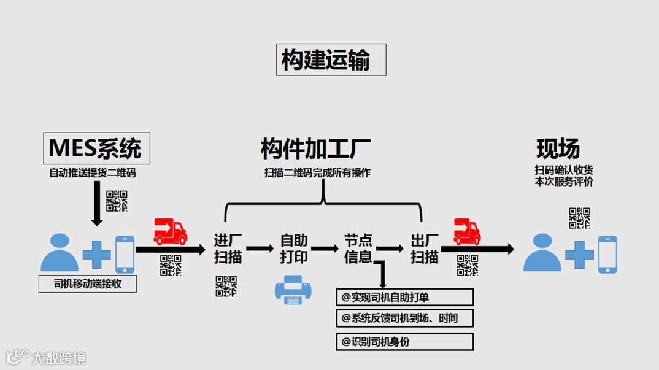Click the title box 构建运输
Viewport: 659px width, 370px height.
point(331,60)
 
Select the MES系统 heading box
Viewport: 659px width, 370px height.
point(96,148)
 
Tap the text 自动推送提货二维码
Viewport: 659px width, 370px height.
point(93,173)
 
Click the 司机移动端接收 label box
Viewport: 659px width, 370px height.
point(87,284)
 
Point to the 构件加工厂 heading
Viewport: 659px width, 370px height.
point(315,148)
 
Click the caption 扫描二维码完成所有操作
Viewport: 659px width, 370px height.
point(317,173)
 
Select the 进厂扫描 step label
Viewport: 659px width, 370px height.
point(228,249)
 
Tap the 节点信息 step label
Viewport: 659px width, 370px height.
point(358,249)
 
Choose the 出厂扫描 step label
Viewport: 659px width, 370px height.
point(424,249)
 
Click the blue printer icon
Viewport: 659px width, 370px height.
point(293,289)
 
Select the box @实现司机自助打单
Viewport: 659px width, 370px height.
point(404,298)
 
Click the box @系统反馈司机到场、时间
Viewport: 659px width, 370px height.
point(404,318)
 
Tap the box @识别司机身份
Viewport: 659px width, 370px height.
point(404,342)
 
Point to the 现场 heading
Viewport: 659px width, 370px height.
point(558,148)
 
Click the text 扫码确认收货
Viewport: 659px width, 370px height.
point(564,170)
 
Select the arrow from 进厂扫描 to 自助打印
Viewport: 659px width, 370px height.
point(260,249)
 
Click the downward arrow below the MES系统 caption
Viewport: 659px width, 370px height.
point(96,203)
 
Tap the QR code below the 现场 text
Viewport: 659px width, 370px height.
point(579,218)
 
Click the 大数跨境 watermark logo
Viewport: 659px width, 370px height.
point(45,357)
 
